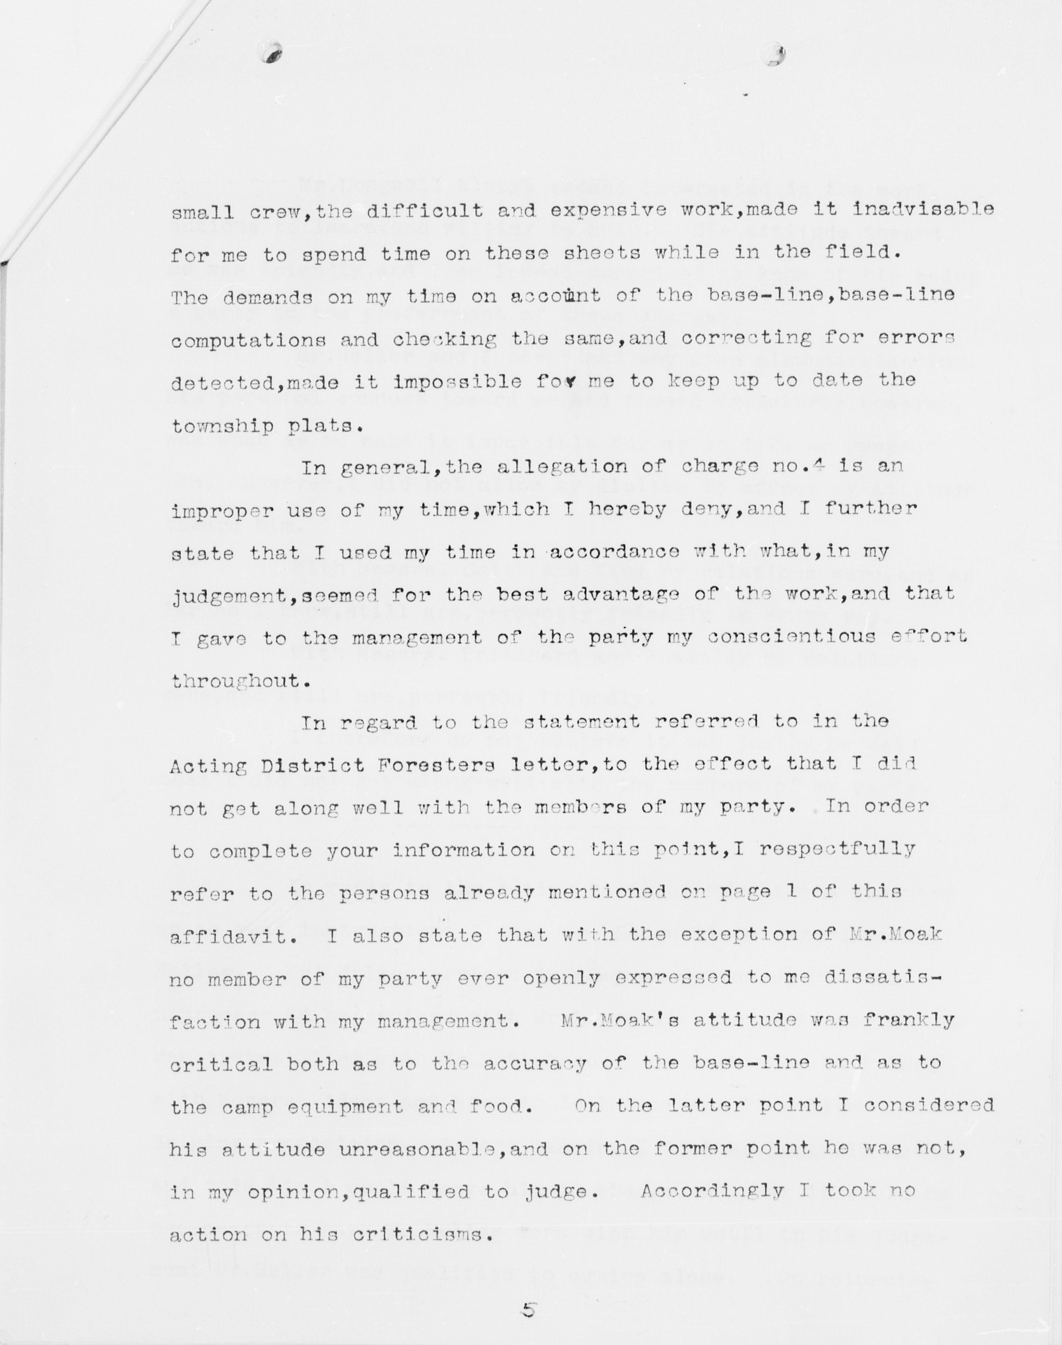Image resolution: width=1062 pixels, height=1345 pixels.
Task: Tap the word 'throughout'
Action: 236,681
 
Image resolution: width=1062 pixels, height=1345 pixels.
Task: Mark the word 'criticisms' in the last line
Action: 423,1234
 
